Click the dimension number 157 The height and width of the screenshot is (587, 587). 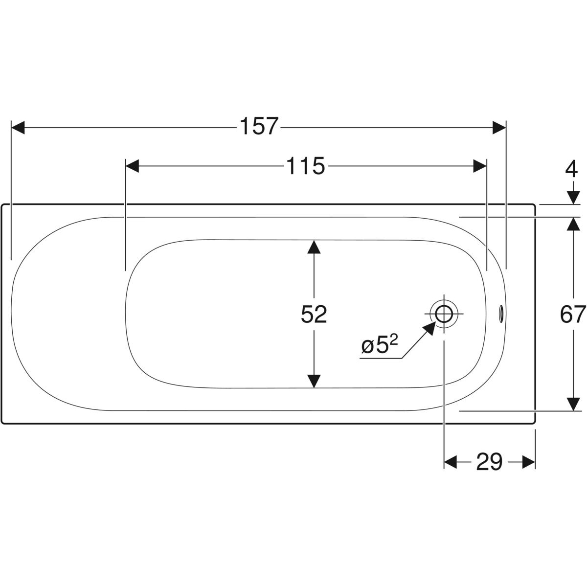click(x=259, y=127)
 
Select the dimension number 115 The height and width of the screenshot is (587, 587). click(x=305, y=166)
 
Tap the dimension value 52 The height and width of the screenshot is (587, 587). click(x=314, y=314)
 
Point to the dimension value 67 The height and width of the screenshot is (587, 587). click(x=573, y=314)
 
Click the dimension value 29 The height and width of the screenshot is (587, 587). click(x=489, y=462)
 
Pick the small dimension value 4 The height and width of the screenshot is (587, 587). click(x=571, y=170)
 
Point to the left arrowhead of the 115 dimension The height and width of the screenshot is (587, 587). click(x=133, y=166)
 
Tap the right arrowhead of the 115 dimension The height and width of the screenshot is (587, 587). click(x=480, y=166)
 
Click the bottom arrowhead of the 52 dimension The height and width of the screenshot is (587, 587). click(x=314, y=381)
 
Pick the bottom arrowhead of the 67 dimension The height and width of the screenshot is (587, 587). click(x=571, y=404)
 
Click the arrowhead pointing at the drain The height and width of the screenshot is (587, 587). click(x=429, y=328)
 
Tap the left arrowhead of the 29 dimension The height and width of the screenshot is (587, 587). click(x=450, y=462)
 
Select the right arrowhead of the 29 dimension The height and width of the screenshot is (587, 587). click(x=529, y=462)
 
